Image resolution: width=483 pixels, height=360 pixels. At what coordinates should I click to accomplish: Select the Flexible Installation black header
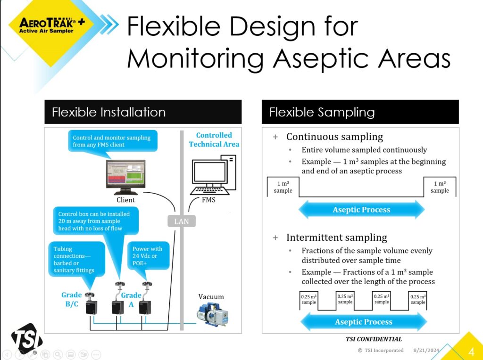(142, 112)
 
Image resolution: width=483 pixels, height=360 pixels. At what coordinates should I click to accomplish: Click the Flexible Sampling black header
(359, 112)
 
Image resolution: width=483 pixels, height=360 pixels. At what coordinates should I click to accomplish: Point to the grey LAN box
(182, 221)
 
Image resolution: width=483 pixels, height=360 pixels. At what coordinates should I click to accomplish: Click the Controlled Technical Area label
(214, 139)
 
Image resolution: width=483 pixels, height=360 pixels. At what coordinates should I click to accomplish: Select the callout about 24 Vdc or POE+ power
(148, 256)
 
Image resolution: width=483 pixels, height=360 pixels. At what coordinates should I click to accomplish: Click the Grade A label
(131, 300)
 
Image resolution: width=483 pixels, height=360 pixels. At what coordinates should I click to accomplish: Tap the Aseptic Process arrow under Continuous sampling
(361, 210)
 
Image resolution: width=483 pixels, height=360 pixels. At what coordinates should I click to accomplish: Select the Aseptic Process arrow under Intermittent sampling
(363, 322)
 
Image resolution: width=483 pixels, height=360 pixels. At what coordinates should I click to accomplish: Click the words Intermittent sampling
(336, 237)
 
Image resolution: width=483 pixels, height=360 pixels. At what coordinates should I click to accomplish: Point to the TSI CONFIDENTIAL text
(374, 339)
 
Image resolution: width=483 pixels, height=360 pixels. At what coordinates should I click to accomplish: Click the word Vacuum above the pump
(211, 296)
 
